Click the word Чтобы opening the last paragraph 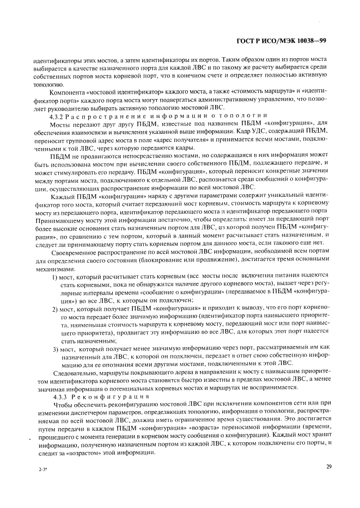[62, 405]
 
